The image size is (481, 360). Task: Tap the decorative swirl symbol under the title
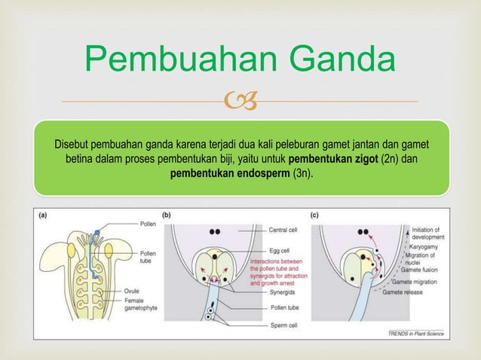click(240, 99)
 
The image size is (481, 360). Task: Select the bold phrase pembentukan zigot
click(334, 159)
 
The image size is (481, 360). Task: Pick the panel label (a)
click(46, 215)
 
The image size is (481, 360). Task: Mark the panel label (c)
click(314, 215)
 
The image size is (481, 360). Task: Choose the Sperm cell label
click(284, 325)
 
